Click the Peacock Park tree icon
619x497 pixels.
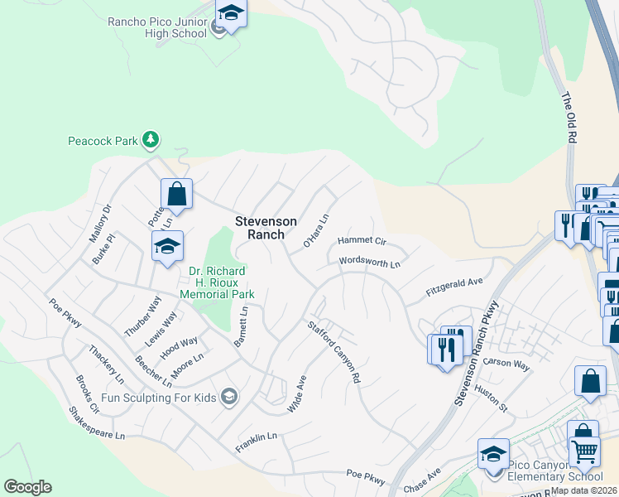pyautogui.click(x=150, y=140)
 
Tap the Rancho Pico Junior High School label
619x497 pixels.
pyautogui.click(x=157, y=27)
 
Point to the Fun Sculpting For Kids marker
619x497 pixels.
pyautogui.click(x=230, y=398)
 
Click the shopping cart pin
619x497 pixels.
pyautogui.click(x=585, y=451)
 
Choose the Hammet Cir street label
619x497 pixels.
pyautogui.click(x=362, y=241)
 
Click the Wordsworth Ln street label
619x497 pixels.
pyautogui.click(x=370, y=263)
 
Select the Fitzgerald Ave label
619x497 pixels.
pyautogui.click(x=453, y=287)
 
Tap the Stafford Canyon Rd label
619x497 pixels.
pyautogui.click(x=334, y=352)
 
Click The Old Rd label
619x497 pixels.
pyautogui.click(x=569, y=119)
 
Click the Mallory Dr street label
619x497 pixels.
pyautogui.click(x=99, y=224)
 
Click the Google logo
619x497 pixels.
pyautogui.click(x=27, y=487)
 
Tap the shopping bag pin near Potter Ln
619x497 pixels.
pyautogui.click(x=176, y=194)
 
